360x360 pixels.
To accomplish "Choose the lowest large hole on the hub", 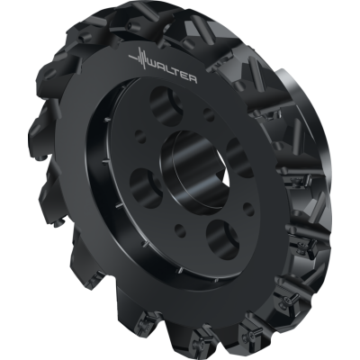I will point(221,238).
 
